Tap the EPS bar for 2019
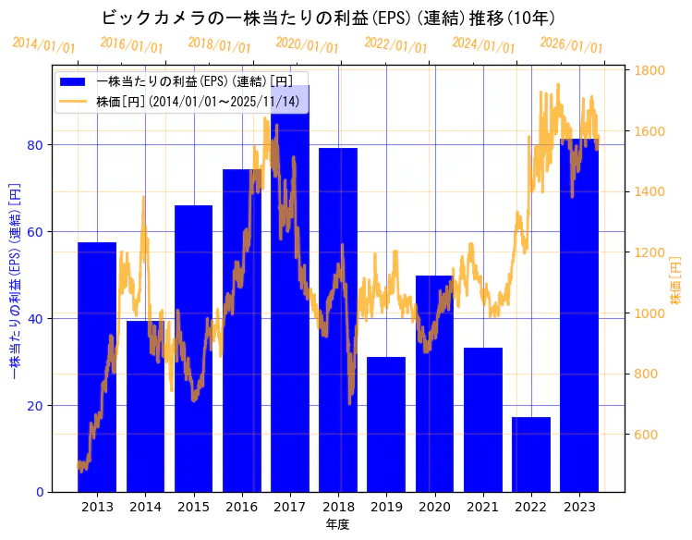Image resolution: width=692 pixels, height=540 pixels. coord(386,425)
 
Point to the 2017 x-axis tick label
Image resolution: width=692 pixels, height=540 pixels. coord(290,506)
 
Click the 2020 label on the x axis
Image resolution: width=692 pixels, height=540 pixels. coord(434,506)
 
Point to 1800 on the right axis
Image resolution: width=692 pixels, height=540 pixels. coord(650,70)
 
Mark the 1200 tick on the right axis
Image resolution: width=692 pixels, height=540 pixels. coord(650,252)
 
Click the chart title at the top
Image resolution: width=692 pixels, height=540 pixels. coord(328,18)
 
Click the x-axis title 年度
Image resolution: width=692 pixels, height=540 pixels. coord(337,524)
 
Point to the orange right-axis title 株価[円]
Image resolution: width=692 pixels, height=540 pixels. coord(675,281)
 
